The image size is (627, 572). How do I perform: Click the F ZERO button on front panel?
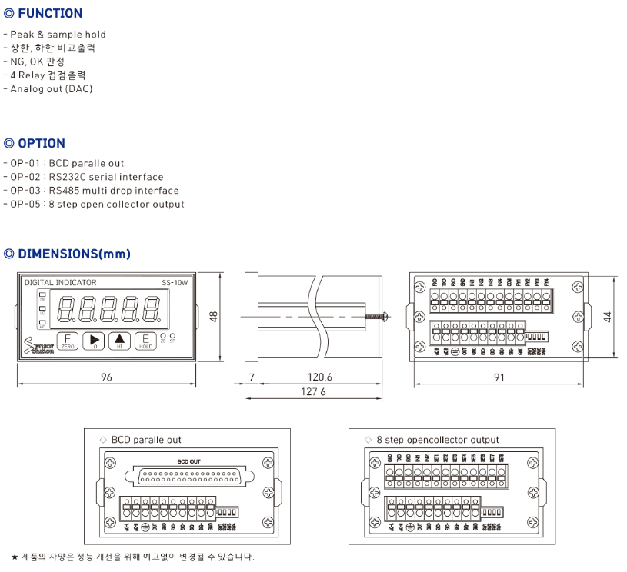click(x=68, y=341)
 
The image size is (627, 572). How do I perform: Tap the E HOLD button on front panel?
click(x=145, y=341)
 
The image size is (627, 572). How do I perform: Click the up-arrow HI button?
click(x=119, y=341)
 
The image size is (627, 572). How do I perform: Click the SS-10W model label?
click(x=175, y=283)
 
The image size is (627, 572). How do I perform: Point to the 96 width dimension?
click(x=105, y=377)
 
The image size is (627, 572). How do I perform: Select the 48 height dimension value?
click(x=215, y=317)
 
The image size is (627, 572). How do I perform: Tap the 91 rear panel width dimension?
click(x=499, y=377)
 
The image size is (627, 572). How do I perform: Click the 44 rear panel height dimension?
click(x=607, y=317)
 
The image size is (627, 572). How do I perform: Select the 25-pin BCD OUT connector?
click(x=194, y=476)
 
